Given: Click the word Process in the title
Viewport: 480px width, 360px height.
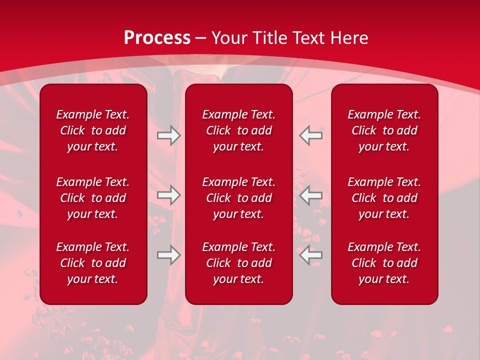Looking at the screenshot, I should (157, 38).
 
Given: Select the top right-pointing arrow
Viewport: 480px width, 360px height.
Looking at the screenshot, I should (169, 135).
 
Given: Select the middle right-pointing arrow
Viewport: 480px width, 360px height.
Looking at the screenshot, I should (169, 195).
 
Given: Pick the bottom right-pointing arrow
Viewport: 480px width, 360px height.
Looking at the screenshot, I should (169, 255).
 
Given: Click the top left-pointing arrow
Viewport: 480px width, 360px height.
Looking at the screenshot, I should (311, 135).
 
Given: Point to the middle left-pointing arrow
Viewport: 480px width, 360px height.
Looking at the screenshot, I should (311, 195).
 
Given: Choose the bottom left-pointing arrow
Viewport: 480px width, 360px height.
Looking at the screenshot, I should (311, 255).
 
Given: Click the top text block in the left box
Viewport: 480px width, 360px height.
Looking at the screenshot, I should (93, 130).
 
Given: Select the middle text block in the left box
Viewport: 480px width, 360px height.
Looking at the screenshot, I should (93, 198).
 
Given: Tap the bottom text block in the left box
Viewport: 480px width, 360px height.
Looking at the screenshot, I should (93, 263).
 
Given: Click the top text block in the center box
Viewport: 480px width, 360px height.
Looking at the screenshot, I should (239, 130).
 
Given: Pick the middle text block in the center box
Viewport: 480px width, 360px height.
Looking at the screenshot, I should (239, 198).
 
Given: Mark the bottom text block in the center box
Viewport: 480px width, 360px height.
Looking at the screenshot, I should (239, 263).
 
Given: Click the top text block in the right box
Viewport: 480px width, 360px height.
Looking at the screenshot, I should (384, 130).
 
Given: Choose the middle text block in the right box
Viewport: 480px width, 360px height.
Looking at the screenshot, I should (384, 198).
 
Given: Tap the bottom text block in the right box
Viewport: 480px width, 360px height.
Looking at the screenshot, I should (384, 263).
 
